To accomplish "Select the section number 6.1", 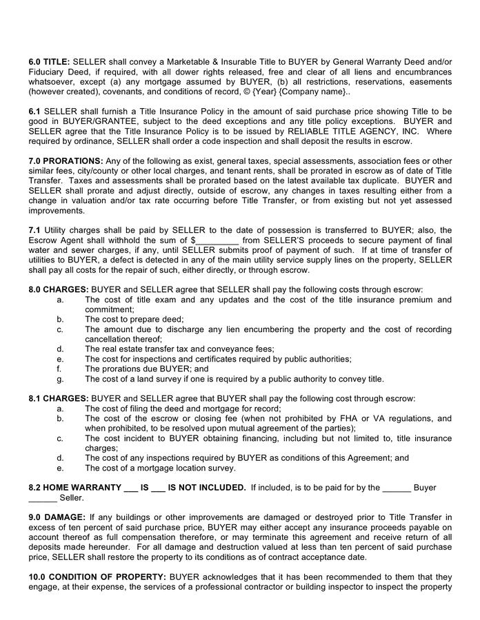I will tap(35, 112).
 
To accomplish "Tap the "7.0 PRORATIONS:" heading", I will tap(66, 161).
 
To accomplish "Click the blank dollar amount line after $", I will tap(218, 240).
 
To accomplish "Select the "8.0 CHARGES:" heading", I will tap(59, 290).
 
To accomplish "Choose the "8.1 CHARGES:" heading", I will tap(59, 398).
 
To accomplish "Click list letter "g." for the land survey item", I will tap(60, 379).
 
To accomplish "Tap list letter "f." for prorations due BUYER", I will tap(60, 369).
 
